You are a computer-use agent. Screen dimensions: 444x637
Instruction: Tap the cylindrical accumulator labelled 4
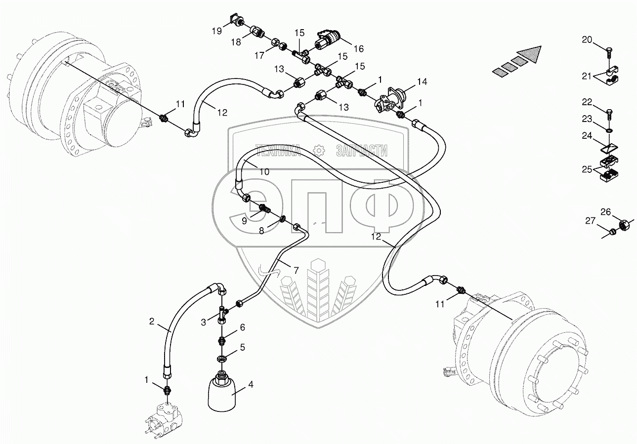[x=221, y=393]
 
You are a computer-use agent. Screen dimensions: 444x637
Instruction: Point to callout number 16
[x=358, y=48]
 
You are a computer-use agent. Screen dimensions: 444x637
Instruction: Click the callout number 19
[x=217, y=32]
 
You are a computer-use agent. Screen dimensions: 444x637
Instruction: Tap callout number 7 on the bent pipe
[x=296, y=270]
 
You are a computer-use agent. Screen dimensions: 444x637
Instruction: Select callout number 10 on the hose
[x=264, y=172]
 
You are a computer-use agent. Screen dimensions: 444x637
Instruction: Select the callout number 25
[x=586, y=170]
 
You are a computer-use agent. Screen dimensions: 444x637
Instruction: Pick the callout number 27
[x=590, y=221]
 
